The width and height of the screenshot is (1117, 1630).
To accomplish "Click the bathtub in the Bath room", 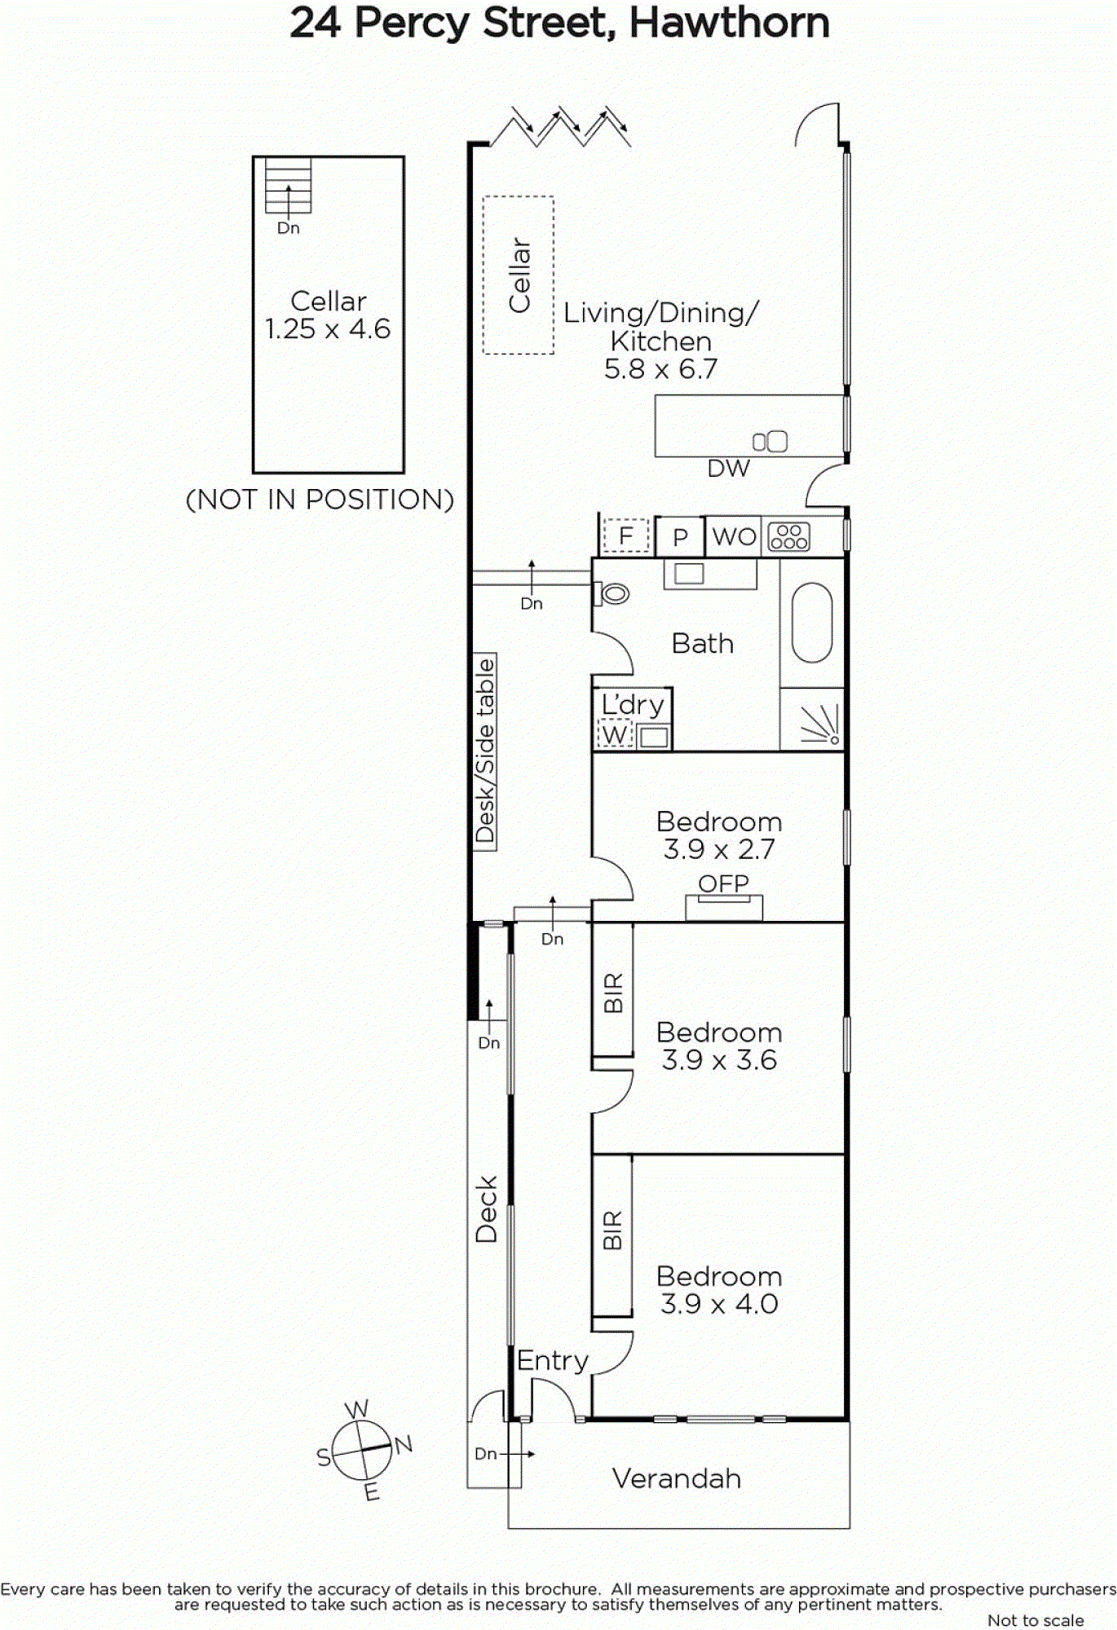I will pyautogui.click(x=812, y=622).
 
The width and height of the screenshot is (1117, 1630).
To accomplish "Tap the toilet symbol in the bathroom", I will pyautogui.click(x=613, y=593).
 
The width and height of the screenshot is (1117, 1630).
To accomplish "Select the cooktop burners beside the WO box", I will pyautogui.click(x=789, y=536).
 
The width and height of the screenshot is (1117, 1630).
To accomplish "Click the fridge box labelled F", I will pyautogui.click(x=625, y=536).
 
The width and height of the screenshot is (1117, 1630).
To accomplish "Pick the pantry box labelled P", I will pyautogui.click(x=680, y=537).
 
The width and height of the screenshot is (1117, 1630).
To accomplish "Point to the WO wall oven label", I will pyautogui.click(x=734, y=536).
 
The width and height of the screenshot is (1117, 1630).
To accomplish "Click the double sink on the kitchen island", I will pyautogui.click(x=770, y=442).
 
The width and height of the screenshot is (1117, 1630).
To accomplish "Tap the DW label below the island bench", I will pyautogui.click(x=728, y=469).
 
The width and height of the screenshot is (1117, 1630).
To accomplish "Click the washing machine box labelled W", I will pyautogui.click(x=615, y=736).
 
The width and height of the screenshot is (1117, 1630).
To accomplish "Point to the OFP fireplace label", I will pyautogui.click(x=723, y=883).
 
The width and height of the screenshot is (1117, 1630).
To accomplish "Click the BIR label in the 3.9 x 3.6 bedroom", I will pyautogui.click(x=613, y=992).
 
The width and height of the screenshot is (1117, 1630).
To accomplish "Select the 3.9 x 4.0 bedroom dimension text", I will pyautogui.click(x=719, y=1304).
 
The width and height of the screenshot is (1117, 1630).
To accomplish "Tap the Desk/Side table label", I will pyautogui.click(x=485, y=751).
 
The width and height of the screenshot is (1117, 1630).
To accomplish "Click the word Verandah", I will pyautogui.click(x=677, y=1478).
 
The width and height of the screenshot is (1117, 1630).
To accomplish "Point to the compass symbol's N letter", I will pyautogui.click(x=404, y=1444).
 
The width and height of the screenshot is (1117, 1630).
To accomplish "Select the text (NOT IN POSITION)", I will pyautogui.click(x=320, y=500).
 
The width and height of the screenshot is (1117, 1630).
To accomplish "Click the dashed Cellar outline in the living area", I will pyautogui.click(x=519, y=275).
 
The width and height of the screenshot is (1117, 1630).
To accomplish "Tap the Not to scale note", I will pyautogui.click(x=1035, y=1621).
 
